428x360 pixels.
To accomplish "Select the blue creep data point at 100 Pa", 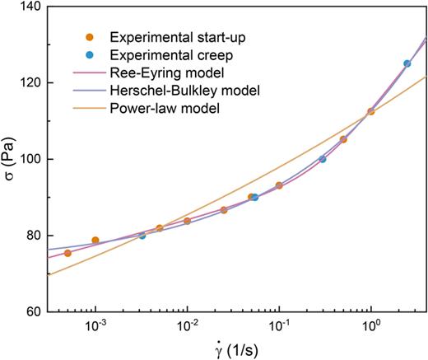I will coord(323,159).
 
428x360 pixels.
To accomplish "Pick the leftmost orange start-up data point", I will coord(67,253).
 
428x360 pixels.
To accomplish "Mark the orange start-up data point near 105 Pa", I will coord(343,140).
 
